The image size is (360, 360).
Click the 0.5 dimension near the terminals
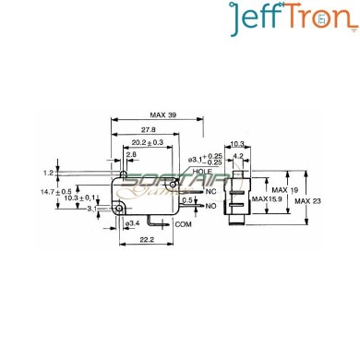pos(189,199)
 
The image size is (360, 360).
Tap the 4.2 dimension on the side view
pos(239,155)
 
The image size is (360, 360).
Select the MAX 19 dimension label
pos(275,190)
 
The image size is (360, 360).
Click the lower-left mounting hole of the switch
pos(121,210)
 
